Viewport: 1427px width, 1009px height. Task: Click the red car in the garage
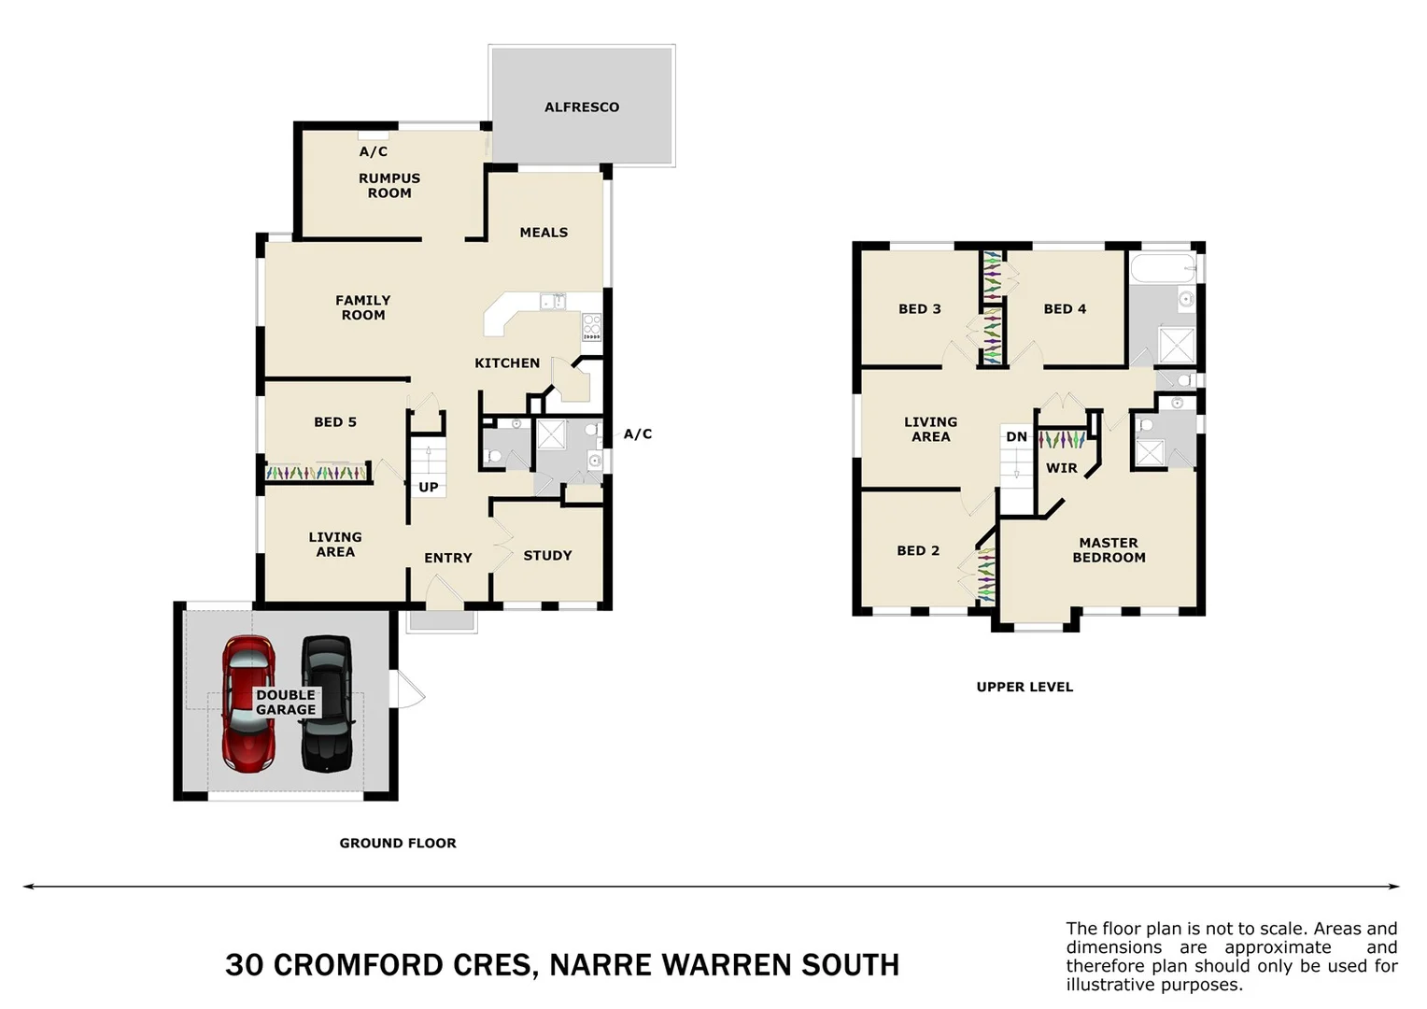tap(248, 704)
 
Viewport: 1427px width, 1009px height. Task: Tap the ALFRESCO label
tap(582, 107)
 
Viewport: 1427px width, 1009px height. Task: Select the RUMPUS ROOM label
tap(389, 186)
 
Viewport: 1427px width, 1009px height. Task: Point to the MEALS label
tap(544, 233)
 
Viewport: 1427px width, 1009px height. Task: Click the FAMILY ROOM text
tap(363, 308)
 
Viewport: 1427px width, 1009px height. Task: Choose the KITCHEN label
tap(507, 363)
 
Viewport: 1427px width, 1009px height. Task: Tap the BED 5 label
tap(335, 422)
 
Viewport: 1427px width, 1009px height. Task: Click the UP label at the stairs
tap(429, 488)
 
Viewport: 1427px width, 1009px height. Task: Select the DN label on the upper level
tap(1016, 437)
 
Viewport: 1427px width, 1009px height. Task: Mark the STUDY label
tap(547, 556)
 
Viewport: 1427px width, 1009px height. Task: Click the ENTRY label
tap(448, 559)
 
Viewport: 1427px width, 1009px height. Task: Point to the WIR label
tap(1062, 468)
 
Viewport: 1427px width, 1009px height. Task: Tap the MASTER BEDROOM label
tap(1109, 550)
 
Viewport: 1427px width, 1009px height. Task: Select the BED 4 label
tap(1065, 309)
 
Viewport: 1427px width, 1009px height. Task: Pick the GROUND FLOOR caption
tap(398, 844)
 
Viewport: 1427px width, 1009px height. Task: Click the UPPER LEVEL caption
tap(1024, 688)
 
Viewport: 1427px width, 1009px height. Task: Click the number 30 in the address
tap(244, 965)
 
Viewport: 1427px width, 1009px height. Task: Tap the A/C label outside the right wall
tap(638, 434)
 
